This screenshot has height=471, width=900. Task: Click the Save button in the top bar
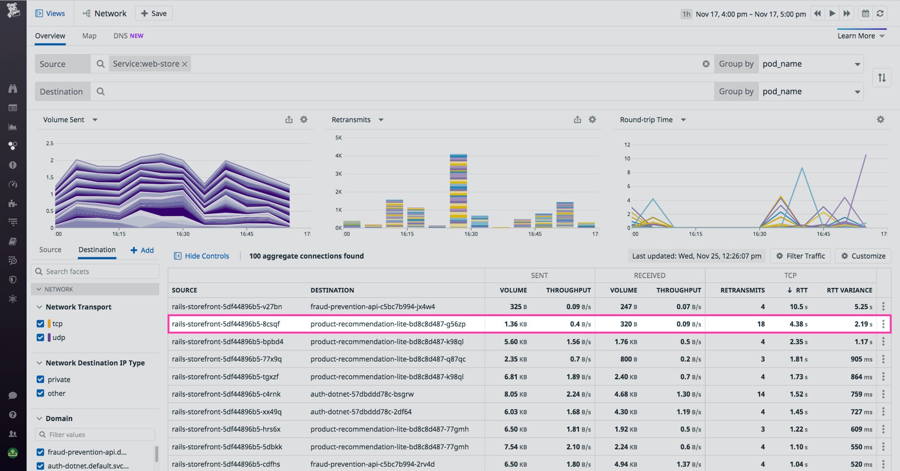pos(154,14)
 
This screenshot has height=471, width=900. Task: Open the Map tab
pos(89,36)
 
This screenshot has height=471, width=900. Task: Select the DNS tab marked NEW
pos(128,36)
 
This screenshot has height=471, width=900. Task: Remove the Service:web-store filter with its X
pos(185,64)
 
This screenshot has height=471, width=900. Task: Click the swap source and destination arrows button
pos(882,77)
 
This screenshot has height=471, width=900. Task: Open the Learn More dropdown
pos(861,36)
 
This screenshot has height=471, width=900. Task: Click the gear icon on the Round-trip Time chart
pos(880,120)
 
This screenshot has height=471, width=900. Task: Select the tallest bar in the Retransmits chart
pos(458,190)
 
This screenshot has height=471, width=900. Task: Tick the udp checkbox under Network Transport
pos(40,337)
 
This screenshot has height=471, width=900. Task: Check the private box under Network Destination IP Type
pos(40,379)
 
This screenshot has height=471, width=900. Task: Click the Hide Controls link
pos(202,256)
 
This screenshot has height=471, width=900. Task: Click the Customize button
pos(863,256)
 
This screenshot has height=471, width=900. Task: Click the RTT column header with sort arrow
pos(798,290)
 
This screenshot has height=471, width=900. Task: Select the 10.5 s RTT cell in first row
pos(798,307)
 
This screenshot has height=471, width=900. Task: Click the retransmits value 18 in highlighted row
pos(761,324)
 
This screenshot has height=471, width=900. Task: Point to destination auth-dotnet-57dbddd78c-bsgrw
pos(362,394)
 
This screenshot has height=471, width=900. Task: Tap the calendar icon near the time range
pos(865,14)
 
